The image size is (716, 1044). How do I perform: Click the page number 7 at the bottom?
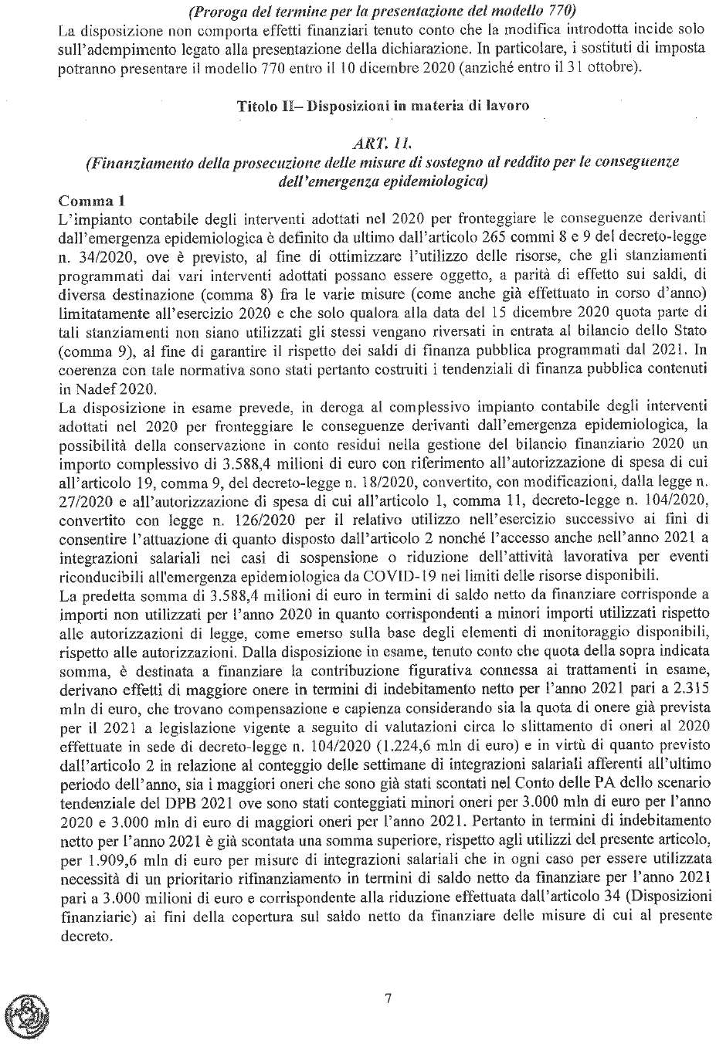coord(388,998)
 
